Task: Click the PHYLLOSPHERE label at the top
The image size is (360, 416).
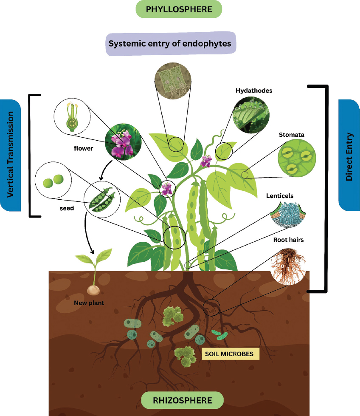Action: pyautogui.click(x=179, y=9)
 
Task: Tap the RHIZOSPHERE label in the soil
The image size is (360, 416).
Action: pyautogui.click(x=183, y=400)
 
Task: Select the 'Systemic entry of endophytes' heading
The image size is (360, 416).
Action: pyautogui.click(x=170, y=43)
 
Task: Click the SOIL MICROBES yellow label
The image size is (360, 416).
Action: pyautogui.click(x=230, y=354)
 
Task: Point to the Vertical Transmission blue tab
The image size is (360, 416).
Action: pyautogui.click(x=10, y=155)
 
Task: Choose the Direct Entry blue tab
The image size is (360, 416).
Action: pyautogui.click(x=349, y=155)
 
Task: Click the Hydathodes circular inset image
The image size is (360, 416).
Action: pyautogui.click(x=251, y=115)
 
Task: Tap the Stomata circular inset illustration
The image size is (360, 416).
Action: pyautogui.click(x=297, y=158)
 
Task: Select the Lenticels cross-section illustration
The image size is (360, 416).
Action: pyautogui.click(x=288, y=214)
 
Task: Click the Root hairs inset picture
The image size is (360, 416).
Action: pyautogui.click(x=288, y=266)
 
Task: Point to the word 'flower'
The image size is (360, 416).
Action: pyautogui.click(x=83, y=148)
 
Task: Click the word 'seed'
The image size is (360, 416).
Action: pyautogui.click(x=67, y=208)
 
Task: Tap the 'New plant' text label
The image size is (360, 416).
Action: pyautogui.click(x=89, y=303)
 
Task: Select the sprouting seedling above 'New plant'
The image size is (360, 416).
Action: pyautogui.click(x=93, y=271)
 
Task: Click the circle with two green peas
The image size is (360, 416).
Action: pyautogui.click(x=53, y=180)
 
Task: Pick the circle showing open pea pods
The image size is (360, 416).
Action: pyautogui.click(x=102, y=200)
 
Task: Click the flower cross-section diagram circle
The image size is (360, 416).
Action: pyautogui.click(x=72, y=116)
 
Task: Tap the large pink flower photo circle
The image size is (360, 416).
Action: pyautogui.click(x=123, y=141)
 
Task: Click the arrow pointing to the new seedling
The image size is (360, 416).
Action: pyautogui.click(x=87, y=233)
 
